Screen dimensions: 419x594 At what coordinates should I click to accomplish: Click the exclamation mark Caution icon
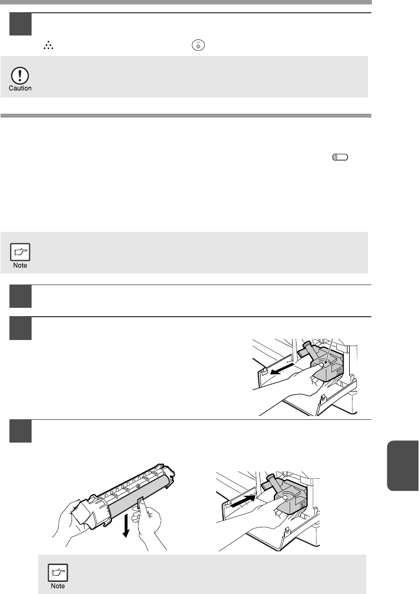point(20,75)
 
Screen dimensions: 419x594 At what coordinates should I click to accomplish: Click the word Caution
point(20,88)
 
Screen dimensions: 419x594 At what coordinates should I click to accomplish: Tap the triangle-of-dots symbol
point(48,46)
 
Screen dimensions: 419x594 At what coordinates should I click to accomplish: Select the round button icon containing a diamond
point(198,45)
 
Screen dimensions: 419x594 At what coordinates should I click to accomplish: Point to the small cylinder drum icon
point(340,157)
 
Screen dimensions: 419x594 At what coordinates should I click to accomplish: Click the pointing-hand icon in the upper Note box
point(20,252)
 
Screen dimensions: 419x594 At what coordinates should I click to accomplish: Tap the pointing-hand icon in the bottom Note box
point(58,572)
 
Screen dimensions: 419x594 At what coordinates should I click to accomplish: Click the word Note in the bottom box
point(58,586)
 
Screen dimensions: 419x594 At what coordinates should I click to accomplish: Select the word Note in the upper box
point(20,265)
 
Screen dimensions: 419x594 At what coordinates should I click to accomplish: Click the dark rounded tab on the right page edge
point(403,465)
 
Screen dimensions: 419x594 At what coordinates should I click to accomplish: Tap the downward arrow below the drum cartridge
point(126,526)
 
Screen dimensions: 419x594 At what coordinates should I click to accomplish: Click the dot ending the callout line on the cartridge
point(325,362)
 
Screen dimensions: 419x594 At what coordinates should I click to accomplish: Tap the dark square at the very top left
point(21,24)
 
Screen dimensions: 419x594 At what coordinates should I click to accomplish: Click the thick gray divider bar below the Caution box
point(186,115)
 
